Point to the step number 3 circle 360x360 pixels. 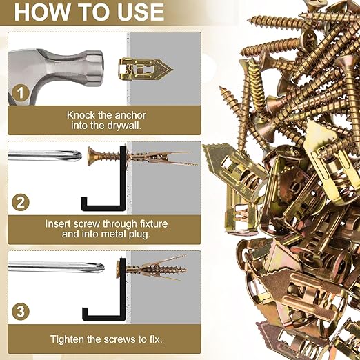21,311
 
